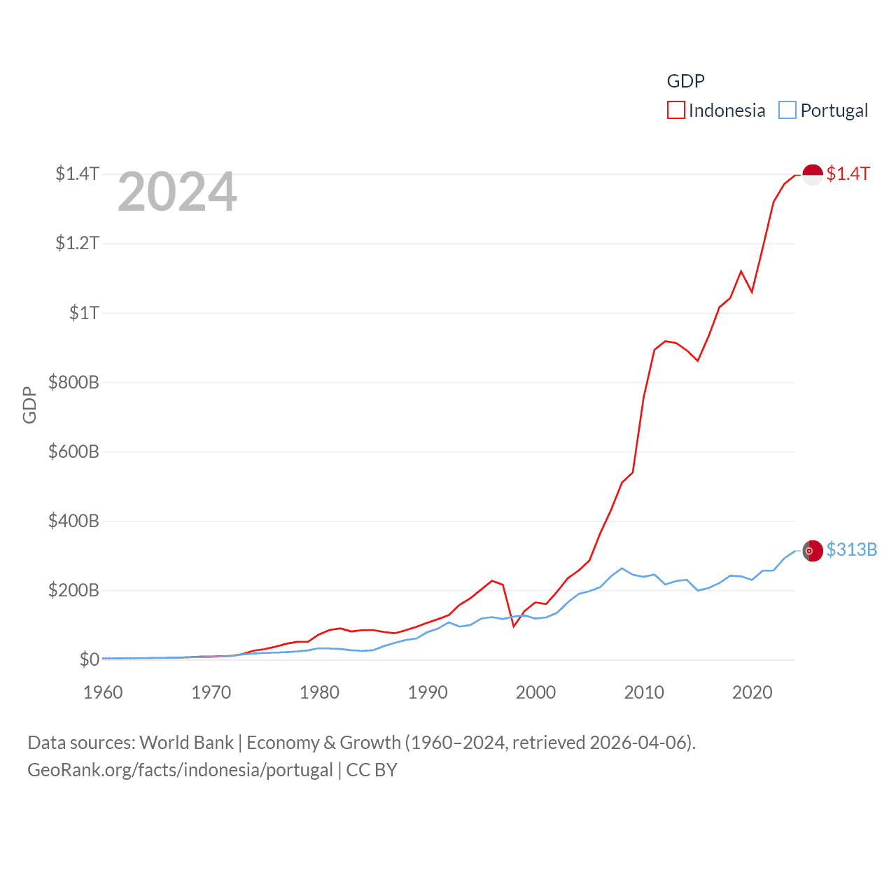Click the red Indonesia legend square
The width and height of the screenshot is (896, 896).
coord(675,111)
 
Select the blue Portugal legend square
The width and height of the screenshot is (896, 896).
coord(787,111)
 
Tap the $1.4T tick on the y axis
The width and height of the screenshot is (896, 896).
coord(77,174)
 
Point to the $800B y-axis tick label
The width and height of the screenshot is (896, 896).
coord(73,382)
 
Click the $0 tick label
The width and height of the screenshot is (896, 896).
coord(89,659)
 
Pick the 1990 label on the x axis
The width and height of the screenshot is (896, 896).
coord(427,692)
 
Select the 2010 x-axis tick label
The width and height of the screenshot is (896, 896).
coord(644,692)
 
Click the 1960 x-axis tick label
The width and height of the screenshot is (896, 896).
coord(103,692)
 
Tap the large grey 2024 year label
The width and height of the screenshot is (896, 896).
coord(177,192)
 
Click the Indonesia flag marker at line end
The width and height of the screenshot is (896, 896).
coord(813,175)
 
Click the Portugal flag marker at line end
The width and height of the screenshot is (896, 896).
coord(813,552)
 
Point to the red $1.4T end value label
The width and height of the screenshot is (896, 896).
coord(848,174)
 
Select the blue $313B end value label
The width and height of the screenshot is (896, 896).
coord(851,549)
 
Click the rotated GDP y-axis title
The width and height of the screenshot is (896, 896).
coord(29,405)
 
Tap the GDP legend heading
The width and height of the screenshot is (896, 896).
coord(685,81)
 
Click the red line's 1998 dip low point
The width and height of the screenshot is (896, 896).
coord(514,626)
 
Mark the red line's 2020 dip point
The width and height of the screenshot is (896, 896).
coord(752,292)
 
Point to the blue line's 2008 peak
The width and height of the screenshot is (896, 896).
coord(622,568)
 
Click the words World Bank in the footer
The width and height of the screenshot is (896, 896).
coord(186,743)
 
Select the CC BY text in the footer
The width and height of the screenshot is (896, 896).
coord(372,770)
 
